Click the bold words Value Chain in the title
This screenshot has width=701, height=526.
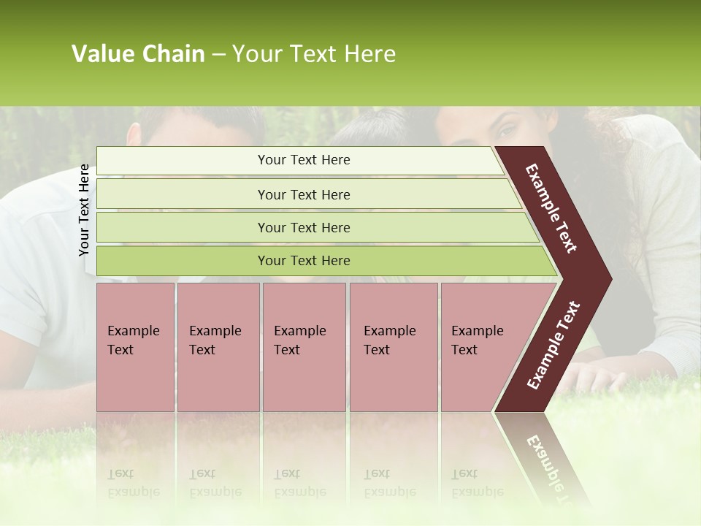coord(138,54)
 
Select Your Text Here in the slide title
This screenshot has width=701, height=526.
coord(314,54)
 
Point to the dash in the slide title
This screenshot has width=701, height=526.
coord(218,55)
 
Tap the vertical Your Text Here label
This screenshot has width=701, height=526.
coord(84,210)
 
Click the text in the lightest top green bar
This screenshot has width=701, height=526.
coord(304,160)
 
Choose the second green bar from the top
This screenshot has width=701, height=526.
coord(304,194)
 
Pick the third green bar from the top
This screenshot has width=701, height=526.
coord(304,227)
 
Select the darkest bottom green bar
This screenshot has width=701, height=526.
coord(304,261)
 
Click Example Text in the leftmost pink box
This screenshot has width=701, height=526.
coord(133,340)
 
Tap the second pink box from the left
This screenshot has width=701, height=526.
coord(218,347)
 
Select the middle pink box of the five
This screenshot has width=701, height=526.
coord(304,347)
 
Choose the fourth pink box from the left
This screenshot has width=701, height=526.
coord(393,347)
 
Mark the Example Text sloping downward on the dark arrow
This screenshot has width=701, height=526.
coord(551,209)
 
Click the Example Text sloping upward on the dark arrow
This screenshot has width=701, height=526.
coord(553,346)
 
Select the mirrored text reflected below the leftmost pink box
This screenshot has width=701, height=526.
coord(133,484)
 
